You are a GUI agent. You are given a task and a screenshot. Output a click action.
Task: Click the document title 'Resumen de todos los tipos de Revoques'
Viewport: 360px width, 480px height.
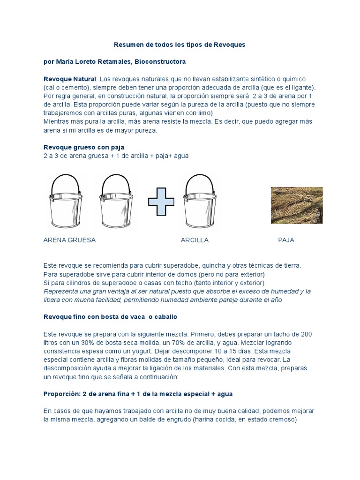pyautogui.click(x=180, y=45)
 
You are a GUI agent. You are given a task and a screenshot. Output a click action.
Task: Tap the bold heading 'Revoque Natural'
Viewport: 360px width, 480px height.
pyautogui.click(x=69, y=79)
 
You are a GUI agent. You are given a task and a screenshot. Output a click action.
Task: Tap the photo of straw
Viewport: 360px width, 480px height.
pyautogui.click(x=297, y=205)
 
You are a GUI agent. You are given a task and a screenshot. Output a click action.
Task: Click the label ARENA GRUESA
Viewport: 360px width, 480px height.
pyautogui.click(x=69, y=240)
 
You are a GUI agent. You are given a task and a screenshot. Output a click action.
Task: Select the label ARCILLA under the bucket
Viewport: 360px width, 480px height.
pyautogui.click(x=195, y=240)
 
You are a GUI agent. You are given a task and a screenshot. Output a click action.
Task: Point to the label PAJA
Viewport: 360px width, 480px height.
pyautogui.click(x=286, y=240)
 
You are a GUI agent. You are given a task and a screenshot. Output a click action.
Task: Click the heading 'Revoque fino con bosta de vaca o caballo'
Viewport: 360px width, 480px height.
pyautogui.click(x=110, y=317)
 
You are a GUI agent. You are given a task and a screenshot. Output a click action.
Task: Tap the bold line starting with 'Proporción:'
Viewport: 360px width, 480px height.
pyautogui.click(x=138, y=394)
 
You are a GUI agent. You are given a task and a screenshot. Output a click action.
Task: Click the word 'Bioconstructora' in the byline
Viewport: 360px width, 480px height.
pyautogui.click(x=160, y=61)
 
